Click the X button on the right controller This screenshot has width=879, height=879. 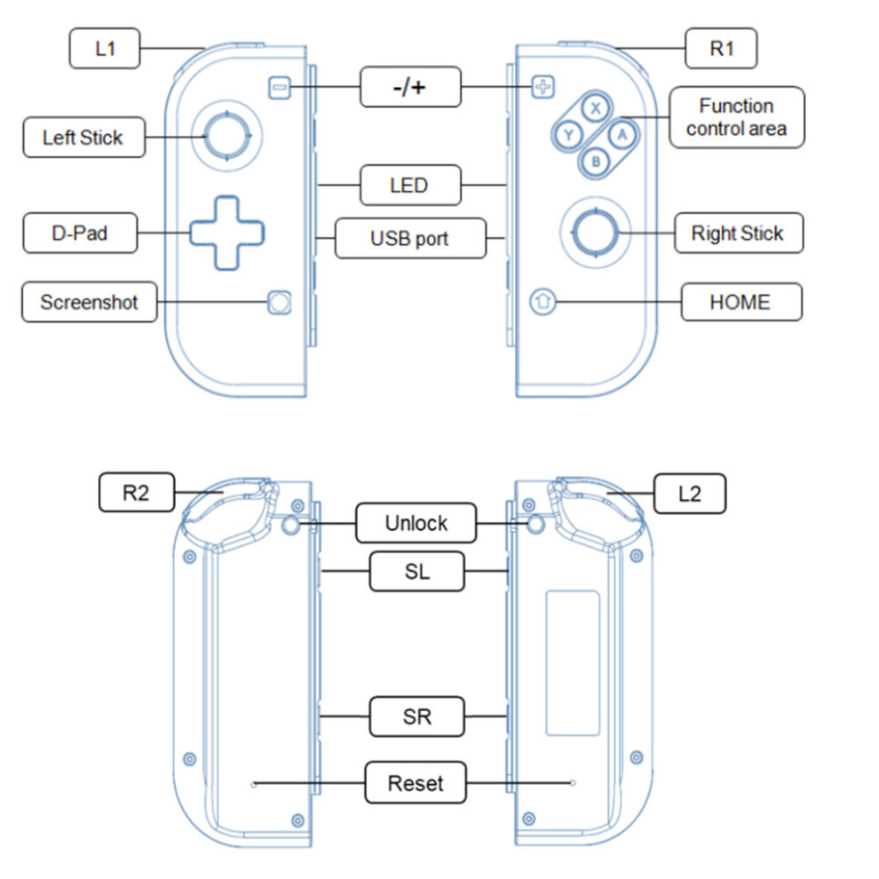pyautogui.click(x=596, y=108)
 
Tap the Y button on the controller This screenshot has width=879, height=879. pyautogui.click(x=568, y=135)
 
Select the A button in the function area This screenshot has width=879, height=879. pyautogui.click(x=622, y=135)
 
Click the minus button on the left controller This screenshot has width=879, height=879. pyautogui.click(x=279, y=88)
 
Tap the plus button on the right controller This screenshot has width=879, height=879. pyautogui.click(x=542, y=87)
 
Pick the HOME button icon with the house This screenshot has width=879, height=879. pyautogui.click(x=542, y=302)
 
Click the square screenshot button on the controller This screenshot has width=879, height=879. pyautogui.click(x=279, y=303)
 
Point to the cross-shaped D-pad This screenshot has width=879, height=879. pyautogui.click(x=227, y=234)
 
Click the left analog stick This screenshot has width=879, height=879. pyautogui.click(x=226, y=136)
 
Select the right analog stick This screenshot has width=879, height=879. pyautogui.click(x=596, y=232)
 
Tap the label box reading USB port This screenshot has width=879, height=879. pyautogui.click(x=410, y=238)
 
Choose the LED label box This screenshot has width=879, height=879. pyautogui.click(x=410, y=185)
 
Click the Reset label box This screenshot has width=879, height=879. pyautogui.click(x=416, y=782)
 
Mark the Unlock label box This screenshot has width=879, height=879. pyautogui.click(x=416, y=523)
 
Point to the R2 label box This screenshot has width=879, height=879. pyautogui.click(x=137, y=492)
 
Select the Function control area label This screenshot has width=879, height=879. pyautogui.click(x=737, y=117)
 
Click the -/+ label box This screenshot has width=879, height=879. pyautogui.click(x=410, y=87)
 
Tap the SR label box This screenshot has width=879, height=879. pyautogui.click(x=417, y=717)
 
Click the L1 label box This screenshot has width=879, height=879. pyautogui.click(x=105, y=48)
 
